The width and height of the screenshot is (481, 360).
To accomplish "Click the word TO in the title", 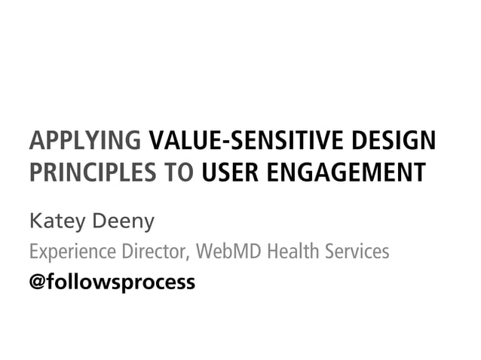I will click(x=179, y=172).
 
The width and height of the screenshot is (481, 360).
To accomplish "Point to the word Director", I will click(x=153, y=251).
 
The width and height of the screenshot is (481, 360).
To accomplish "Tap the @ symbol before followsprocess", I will click(x=37, y=282).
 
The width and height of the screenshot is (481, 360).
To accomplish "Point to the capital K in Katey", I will click(x=35, y=221).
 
